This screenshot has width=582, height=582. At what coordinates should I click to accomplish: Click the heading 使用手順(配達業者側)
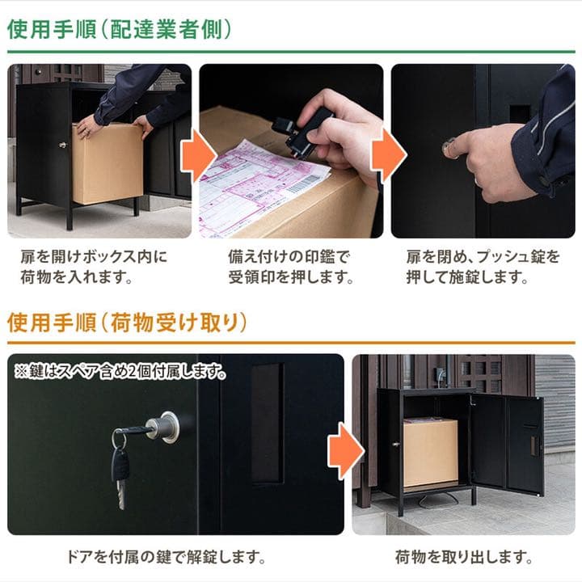coord(120,30)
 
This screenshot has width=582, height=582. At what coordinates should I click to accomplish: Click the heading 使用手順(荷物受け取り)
coord(127,323)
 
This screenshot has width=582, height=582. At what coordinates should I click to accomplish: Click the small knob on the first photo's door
coord(61,145)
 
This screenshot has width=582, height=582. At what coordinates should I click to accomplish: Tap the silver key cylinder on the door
coord(167,427)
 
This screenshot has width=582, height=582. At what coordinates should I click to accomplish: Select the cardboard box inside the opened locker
coord(429,452)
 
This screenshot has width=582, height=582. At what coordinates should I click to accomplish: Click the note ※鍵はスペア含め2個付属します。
coord(120,373)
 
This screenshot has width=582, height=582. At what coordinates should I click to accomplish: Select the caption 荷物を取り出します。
coord(463,557)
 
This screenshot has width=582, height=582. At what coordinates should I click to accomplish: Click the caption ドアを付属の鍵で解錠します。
coord(165,557)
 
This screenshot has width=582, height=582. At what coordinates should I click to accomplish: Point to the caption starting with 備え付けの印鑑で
coord(290,268)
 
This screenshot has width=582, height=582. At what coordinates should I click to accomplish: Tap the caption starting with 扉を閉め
coord(483,268)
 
